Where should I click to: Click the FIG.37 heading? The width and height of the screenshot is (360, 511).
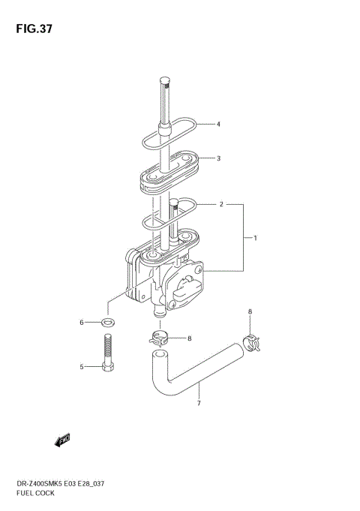(34, 29)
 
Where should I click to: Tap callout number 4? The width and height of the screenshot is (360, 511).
(218, 124)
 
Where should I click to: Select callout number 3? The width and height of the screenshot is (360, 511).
(218, 158)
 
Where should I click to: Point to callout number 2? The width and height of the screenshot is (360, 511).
(221, 204)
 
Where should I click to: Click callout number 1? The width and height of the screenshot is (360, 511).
(256, 238)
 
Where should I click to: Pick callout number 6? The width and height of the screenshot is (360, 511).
(82, 323)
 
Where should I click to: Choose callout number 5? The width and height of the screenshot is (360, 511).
(82, 367)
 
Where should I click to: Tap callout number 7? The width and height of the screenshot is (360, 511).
(199, 403)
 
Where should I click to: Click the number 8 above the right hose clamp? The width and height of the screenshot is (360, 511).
(250, 311)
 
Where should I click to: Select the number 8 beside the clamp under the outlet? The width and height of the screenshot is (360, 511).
(190, 338)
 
